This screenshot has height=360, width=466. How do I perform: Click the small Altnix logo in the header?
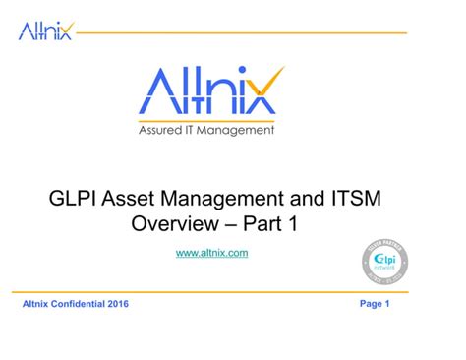(46, 31)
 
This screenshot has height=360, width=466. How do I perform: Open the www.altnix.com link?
(211, 254)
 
